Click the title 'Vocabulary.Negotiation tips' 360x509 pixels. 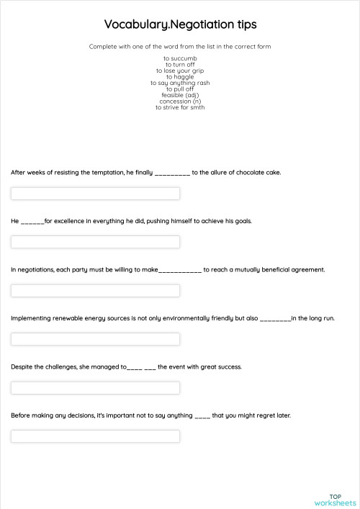180,24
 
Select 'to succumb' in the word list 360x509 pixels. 180,58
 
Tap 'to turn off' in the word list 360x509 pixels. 180,65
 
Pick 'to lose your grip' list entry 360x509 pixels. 180,71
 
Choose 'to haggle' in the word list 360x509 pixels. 180,77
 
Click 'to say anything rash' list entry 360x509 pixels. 180,83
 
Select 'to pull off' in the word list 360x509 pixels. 180,89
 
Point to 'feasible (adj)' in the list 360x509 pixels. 180,95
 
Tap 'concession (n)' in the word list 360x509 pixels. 180,101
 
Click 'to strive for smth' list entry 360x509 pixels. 180,107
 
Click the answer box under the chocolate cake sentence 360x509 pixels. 95,194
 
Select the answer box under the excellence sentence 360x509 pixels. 95,242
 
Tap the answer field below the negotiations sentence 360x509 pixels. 95,291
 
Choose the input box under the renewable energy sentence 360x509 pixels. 95,339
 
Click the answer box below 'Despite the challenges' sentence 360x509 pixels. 95,388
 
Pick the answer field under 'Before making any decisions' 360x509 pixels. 95,436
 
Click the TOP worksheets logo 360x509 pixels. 335,500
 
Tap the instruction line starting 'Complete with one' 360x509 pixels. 180,47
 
